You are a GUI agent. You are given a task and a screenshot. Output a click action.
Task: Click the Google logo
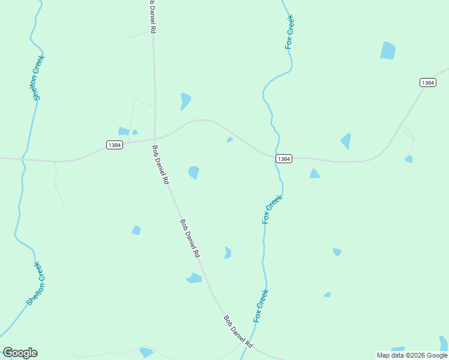click(x=20, y=353)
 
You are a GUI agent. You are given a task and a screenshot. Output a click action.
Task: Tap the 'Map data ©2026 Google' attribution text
click(x=412, y=355)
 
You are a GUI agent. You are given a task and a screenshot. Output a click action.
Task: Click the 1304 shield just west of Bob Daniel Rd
click(x=115, y=145)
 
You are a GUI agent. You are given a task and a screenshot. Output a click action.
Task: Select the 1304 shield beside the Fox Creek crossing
click(x=284, y=158)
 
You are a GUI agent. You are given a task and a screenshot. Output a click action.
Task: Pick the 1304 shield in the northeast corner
click(x=427, y=83)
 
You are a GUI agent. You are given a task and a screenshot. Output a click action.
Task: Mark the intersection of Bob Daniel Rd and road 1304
click(x=155, y=139)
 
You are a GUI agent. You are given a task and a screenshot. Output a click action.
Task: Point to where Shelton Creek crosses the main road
click(x=24, y=160)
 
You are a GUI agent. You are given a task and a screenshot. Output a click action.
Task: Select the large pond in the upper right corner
click(x=388, y=50)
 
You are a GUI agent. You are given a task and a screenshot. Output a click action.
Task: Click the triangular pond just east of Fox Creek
click(x=314, y=174)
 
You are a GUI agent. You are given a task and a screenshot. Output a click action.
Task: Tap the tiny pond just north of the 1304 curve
click(x=229, y=140)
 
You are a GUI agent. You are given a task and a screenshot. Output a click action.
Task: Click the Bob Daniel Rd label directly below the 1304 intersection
click(x=160, y=164)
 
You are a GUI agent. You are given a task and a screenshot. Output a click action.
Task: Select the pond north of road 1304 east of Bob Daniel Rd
click(x=185, y=101)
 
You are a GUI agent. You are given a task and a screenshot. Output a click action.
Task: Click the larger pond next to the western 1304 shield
click(x=124, y=131)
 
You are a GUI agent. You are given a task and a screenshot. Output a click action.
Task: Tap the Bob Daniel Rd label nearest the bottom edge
click(x=238, y=333)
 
